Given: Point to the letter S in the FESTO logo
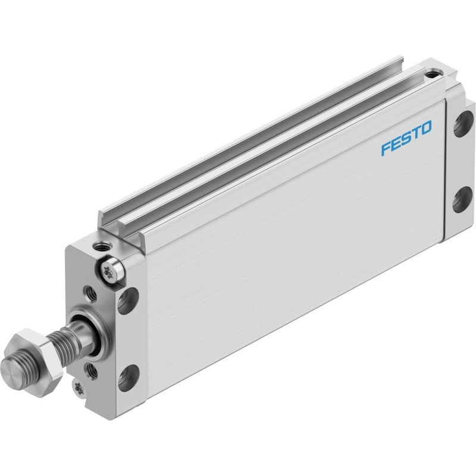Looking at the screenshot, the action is click(x=406, y=138).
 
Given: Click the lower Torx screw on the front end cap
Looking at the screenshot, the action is click(x=79, y=389).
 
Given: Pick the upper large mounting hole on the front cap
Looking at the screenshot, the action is click(x=128, y=300).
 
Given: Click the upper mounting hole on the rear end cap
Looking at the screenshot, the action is click(x=464, y=124).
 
